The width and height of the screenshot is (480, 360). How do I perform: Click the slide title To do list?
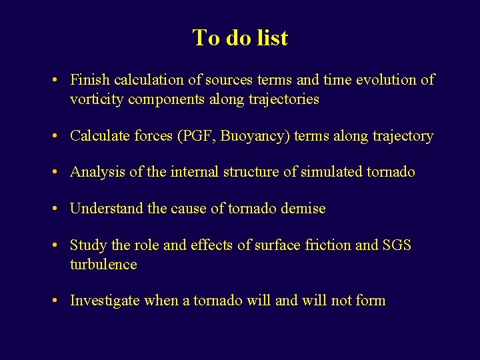point(240,37)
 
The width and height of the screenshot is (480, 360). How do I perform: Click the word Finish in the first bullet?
point(90,80)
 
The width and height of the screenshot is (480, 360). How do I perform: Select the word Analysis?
point(97,172)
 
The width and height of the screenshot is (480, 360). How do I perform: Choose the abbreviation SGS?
point(397,245)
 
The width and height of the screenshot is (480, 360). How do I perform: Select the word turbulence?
point(103,265)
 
